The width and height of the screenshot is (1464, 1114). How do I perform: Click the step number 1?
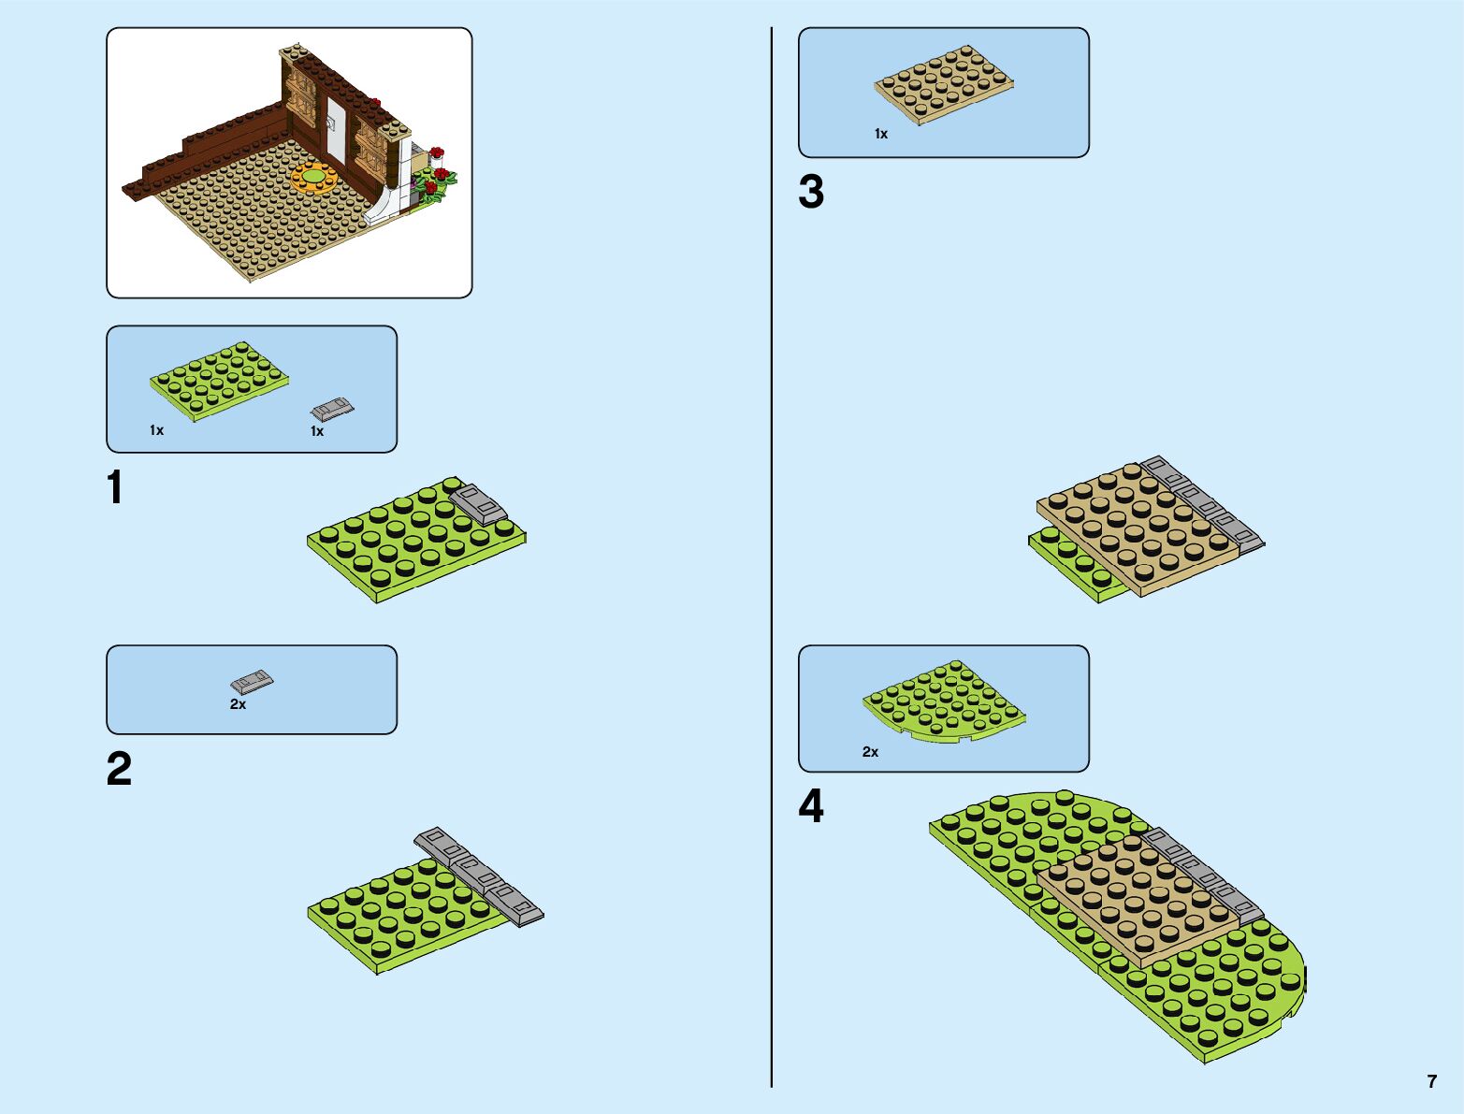click(115, 488)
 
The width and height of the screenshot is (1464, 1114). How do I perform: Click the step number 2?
click(119, 770)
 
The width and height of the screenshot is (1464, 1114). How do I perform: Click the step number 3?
click(811, 192)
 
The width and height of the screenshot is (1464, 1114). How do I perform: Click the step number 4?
click(811, 807)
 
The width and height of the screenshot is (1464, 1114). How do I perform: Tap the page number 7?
click(1431, 1081)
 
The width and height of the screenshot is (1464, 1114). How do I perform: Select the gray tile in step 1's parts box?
click(332, 409)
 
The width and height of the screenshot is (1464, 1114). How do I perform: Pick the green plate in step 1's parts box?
click(219, 379)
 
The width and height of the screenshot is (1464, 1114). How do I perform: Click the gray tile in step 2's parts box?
click(252, 681)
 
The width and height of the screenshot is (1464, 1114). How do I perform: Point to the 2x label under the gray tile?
click(239, 704)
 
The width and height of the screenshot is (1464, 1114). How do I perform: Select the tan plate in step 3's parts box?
click(944, 83)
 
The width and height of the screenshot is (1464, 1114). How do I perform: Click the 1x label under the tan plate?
click(881, 135)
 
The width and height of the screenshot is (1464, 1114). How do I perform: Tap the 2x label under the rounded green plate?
click(870, 752)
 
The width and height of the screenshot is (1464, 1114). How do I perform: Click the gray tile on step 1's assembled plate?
click(478, 502)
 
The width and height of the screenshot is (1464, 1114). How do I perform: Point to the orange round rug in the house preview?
click(314, 176)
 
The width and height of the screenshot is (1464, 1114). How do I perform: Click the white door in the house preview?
click(335, 125)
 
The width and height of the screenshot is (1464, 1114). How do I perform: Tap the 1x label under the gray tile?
click(317, 431)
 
